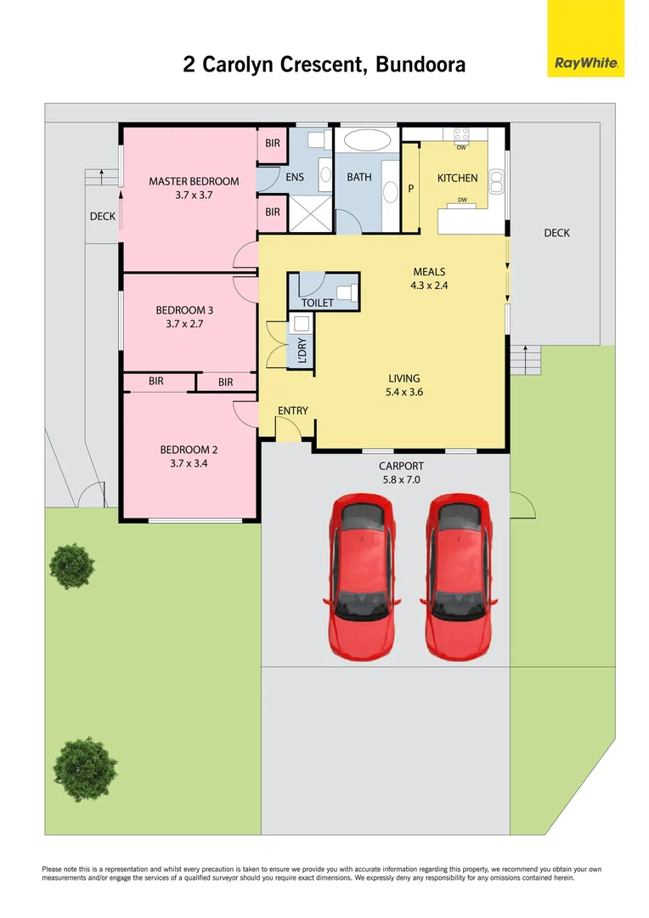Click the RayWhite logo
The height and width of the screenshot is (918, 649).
click(585, 38)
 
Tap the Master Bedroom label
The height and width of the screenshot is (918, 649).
click(194, 181)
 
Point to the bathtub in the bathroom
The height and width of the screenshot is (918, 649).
click(366, 140)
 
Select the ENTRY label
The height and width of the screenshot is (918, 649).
click(293, 411)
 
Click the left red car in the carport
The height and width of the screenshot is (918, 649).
click(360, 578)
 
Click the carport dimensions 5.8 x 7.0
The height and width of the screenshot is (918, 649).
click(401, 479)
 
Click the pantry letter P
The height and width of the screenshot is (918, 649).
click(410, 189)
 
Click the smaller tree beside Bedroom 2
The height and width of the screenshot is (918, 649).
click(71, 565)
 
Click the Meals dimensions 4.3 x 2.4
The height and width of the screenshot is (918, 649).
click(429, 286)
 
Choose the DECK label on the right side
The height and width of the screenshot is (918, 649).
click(556, 233)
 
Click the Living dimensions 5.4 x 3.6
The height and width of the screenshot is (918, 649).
click(405, 393)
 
